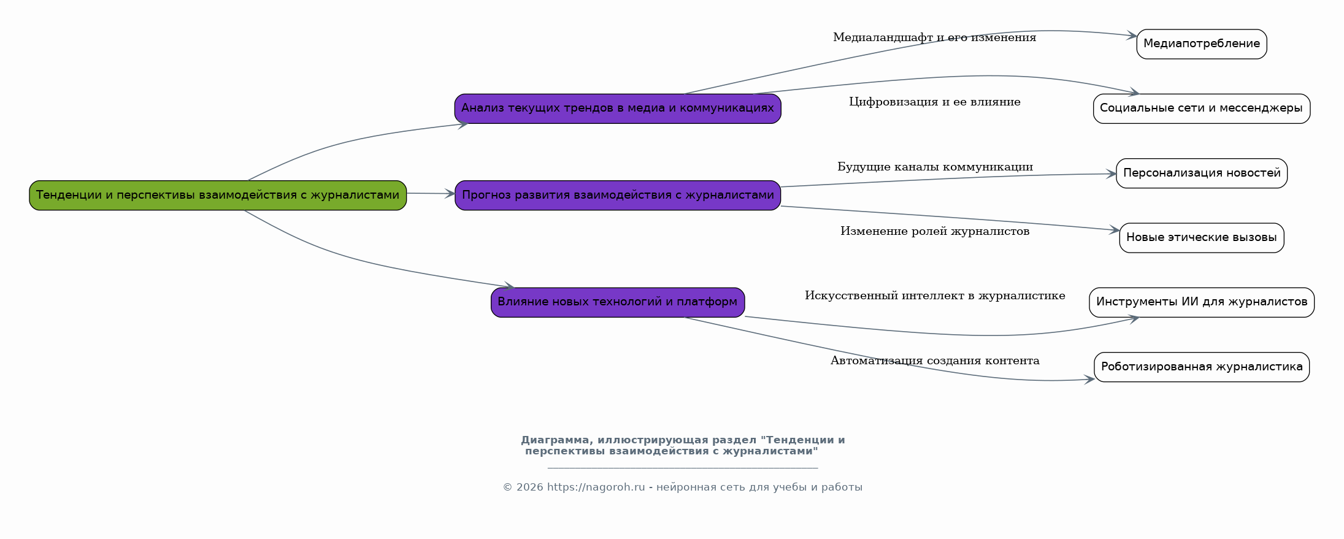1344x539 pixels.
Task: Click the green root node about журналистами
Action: click(218, 195)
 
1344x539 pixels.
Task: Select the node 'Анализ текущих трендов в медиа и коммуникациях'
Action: click(618, 109)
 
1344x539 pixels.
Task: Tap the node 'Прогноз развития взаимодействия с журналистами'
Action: click(618, 195)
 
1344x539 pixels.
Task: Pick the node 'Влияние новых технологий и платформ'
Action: click(618, 302)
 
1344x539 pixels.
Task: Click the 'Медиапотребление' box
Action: click(1202, 44)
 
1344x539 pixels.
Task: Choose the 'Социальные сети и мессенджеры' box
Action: click(1202, 109)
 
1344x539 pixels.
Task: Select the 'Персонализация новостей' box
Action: click(1202, 173)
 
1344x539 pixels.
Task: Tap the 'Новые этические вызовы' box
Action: click(1202, 238)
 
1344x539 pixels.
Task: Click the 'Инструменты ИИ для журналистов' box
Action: click(1202, 302)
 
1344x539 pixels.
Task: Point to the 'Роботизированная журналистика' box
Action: click(1202, 367)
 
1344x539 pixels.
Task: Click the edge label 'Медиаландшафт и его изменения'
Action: click(934, 37)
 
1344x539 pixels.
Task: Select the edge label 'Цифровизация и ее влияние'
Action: click(934, 102)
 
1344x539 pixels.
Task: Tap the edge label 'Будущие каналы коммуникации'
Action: click(935, 167)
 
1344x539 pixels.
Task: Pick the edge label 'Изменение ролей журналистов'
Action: click(935, 231)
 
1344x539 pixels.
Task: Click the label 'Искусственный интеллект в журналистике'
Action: click(935, 296)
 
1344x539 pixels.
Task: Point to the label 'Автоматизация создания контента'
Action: click(935, 361)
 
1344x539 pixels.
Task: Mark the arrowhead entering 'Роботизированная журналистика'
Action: click(1089, 380)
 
